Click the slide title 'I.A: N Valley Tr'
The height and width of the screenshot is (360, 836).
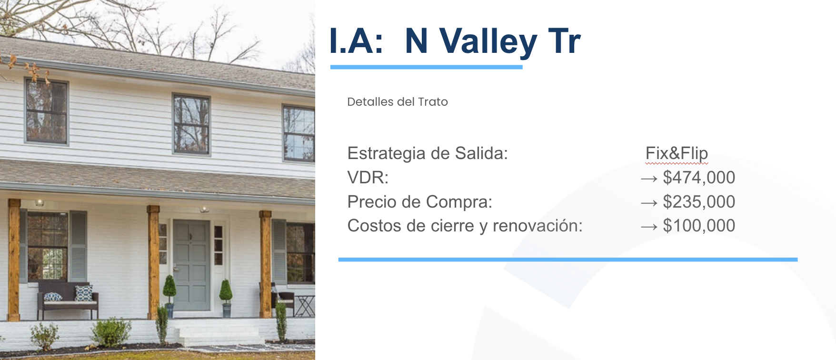tap(455, 41)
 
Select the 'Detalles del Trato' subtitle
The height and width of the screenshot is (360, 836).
tap(398, 102)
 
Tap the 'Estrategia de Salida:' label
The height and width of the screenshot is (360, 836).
tap(428, 153)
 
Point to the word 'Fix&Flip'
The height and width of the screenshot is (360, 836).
tap(677, 153)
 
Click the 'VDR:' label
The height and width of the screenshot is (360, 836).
tap(368, 178)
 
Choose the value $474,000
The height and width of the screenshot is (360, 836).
tap(699, 178)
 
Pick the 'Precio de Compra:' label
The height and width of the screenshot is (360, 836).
tap(420, 202)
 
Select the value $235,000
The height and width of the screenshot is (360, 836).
tap(699, 202)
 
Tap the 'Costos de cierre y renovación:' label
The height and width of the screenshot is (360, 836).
tap(465, 226)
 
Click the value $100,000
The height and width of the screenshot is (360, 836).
tap(699, 226)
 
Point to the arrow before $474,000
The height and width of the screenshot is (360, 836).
tap(649, 179)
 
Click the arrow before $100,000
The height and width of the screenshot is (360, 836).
tap(649, 227)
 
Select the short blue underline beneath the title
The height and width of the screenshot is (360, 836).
tap(427, 67)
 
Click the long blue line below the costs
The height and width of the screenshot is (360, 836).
tap(568, 260)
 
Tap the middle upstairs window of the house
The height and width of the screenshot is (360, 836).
tap(191, 124)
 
